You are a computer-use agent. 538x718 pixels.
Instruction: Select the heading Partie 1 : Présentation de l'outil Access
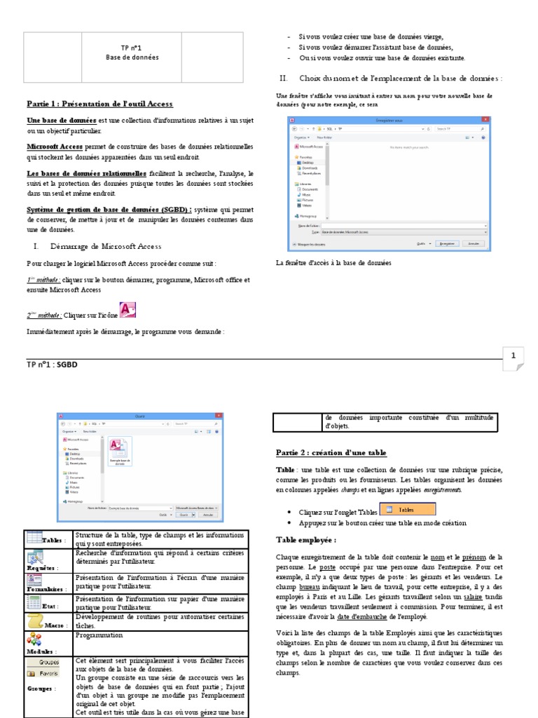pos(99,104)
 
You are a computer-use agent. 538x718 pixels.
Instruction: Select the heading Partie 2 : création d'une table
pos(331,453)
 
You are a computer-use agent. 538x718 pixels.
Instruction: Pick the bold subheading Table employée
pos(306,540)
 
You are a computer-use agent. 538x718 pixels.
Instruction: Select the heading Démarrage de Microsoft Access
pos(106,246)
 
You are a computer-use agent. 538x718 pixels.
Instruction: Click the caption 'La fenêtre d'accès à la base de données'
pos(333,263)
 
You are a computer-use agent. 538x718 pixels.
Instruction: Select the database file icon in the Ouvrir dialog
pos(118,446)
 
